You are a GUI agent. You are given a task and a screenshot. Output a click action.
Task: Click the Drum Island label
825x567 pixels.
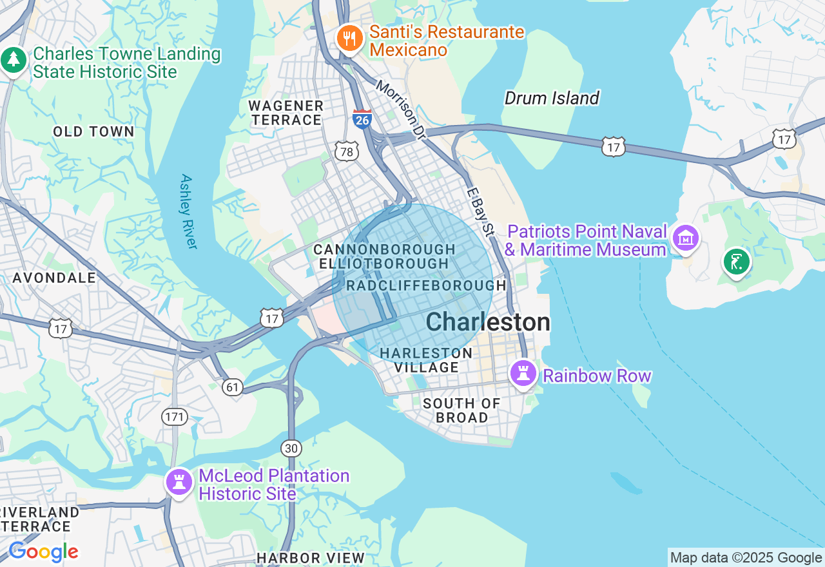pos(552,98)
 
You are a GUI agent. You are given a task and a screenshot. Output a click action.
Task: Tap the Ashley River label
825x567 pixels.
pos(188,211)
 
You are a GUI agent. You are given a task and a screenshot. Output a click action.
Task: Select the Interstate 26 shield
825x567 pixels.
pos(362,119)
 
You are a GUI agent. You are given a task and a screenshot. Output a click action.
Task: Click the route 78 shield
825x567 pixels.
pos(347,151)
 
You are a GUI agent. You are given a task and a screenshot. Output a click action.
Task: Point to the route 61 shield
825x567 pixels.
pos(233,387)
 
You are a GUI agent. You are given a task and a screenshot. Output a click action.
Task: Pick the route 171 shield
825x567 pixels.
pos(175,417)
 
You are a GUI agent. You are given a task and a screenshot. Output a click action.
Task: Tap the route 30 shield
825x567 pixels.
pos(291,448)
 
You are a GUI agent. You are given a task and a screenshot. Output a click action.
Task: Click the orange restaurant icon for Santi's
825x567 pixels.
pos(349,39)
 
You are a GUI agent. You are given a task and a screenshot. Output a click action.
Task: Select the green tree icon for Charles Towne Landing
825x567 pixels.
pos(14,61)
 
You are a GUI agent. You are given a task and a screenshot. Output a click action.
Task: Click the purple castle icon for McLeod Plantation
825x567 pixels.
pos(179,481)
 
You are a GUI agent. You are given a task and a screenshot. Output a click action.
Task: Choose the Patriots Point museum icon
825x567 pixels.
pos(685,238)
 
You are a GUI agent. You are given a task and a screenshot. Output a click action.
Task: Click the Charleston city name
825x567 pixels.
pos(488,322)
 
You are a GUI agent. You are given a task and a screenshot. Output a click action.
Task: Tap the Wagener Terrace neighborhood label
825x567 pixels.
pos(286,113)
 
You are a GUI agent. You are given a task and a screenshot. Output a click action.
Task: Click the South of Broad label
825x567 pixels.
pos(461,410)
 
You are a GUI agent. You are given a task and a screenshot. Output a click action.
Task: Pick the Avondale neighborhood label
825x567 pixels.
pos(54,278)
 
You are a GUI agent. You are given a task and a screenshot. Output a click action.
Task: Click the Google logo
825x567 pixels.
pos(43,552)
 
